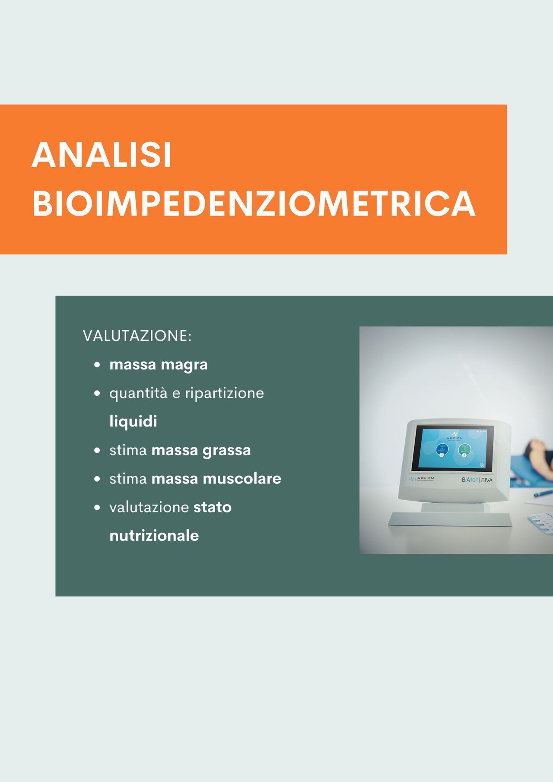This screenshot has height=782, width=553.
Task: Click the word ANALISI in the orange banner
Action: (x=102, y=155)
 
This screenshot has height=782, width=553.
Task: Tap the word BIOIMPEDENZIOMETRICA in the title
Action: (x=254, y=203)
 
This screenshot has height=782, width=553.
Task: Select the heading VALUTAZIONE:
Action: (x=137, y=336)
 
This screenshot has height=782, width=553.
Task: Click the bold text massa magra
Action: (x=159, y=365)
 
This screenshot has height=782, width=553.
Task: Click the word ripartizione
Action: (x=224, y=393)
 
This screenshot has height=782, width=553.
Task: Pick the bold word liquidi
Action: (x=133, y=421)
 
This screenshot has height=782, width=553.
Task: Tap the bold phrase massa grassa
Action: (x=201, y=450)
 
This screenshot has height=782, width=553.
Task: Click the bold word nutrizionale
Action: (x=154, y=536)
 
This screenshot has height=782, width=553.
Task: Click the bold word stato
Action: (x=212, y=507)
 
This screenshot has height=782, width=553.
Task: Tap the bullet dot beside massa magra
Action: (x=97, y=365)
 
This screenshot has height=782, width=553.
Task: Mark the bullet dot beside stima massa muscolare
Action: (x=97, y=479)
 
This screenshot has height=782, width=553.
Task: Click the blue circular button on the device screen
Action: (x=442, y=449)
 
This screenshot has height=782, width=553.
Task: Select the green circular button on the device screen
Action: (x=464, y=450)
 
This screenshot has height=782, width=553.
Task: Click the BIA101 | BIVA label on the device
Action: (x=477, y=480)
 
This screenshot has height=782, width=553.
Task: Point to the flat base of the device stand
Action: (x=449, y=519)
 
